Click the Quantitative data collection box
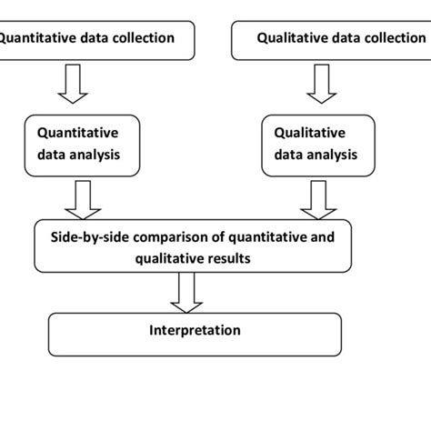click(x=97, y=41)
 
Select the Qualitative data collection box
click(x=331, y=41)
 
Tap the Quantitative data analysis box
click(x=82, y=145)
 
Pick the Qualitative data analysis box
click(x=318, y=145)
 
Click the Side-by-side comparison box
click(x=193, y=246)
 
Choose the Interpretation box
click(x=195, y=335)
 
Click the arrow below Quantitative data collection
click(x=73, y=84)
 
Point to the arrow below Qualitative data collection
click(x=322, y=84)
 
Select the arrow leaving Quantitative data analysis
click(x=83, y=200)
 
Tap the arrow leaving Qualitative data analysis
click(x=318, y=200)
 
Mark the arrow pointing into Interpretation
click(x=186, y=293)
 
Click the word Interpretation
click(x=195, y=330)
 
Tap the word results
click(x=231, y=258)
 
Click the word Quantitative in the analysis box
click(x=78, y=133)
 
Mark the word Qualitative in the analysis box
click(x=310, y=133)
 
